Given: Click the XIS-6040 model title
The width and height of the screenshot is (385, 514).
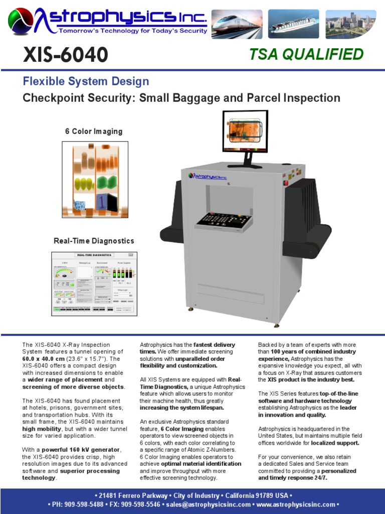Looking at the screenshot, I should (x=65, y=54).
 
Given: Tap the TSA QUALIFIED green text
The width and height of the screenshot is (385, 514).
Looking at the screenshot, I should (x=306, y=54).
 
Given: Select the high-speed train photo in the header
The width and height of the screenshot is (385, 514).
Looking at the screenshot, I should (x=236, y=25).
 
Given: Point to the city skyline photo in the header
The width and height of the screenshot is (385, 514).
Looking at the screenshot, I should (x=350, y=25).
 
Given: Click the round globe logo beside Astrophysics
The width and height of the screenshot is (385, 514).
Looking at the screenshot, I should (x=21, y=22).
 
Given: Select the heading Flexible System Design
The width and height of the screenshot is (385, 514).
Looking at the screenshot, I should (x=86, y=81).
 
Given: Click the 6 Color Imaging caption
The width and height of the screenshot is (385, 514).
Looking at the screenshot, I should (x=94, y=132).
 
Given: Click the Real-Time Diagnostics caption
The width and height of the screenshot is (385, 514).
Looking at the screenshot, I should (x=94, y=241).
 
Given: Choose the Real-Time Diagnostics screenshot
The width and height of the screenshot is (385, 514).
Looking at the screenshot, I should (x=94, y=284).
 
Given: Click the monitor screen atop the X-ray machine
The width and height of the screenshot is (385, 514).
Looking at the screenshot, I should (x=245, y=131).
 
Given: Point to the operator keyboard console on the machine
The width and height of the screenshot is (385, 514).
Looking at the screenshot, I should (x=224, y=220).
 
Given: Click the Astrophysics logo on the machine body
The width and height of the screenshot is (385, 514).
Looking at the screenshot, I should (x=208, y=176).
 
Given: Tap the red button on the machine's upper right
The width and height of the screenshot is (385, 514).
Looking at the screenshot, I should (x=286, y=183).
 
